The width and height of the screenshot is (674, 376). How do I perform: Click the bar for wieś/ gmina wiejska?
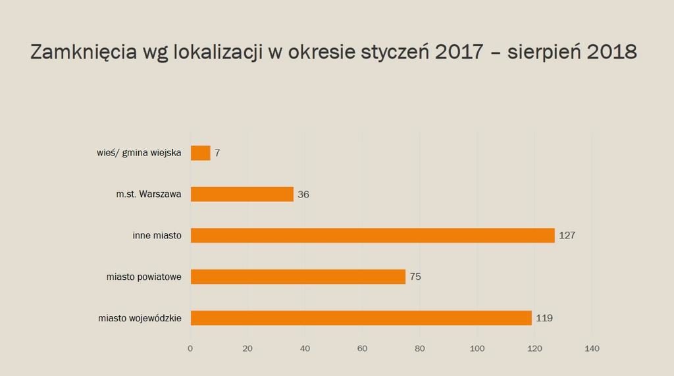pyautogui.click(x=200, y=153)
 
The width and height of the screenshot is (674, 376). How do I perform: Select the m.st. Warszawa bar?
pyautogui.click(x=242, y=194)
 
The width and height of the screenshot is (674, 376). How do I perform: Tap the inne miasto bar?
pyautogui.click(x=373, y=235)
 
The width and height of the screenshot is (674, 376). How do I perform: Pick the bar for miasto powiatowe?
pyautogui.click(x=298, y=277)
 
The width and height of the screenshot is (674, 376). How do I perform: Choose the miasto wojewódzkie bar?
pyautogui.click(x=361, y=318)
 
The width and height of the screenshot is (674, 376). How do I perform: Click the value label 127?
pyautogui.click(x=567, y=235)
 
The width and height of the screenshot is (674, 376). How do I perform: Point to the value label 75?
pyautogui.click(x=415, y=277)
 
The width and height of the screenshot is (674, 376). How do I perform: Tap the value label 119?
pyautogui.click(x=544, y=318)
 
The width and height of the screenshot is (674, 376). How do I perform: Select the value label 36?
pyautogui.click(x=303, y=194)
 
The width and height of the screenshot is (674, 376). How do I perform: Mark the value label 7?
pyautogui.click(x=217, y=153)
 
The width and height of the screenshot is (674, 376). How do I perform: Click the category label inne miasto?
pyautogui.click(x=157, y=235)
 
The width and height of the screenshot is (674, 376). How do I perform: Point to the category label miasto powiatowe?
pyautogui.click(x=144, y=277)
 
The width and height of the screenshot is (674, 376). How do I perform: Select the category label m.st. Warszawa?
pyautogui.click(x=149, y=194)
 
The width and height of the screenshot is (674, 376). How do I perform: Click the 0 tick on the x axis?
pyautogui.click(x=190, y=348)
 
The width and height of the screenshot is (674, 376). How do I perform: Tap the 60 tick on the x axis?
pyautogui.click(x=363, y=348)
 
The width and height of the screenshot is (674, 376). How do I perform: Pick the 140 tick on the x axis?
pyautogui.click(x=592, y=348)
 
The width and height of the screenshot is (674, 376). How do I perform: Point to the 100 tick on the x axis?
pyautogui.click(x=477, y=348)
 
